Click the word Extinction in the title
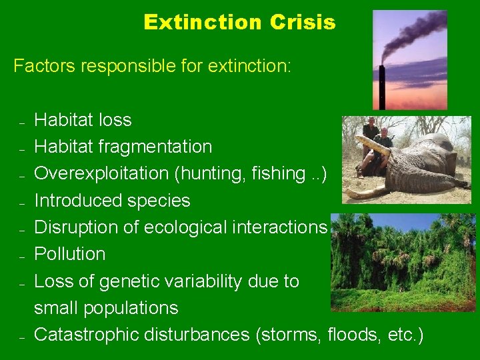[203, 23]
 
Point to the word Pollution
[69, 254]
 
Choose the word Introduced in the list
[75, 201]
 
